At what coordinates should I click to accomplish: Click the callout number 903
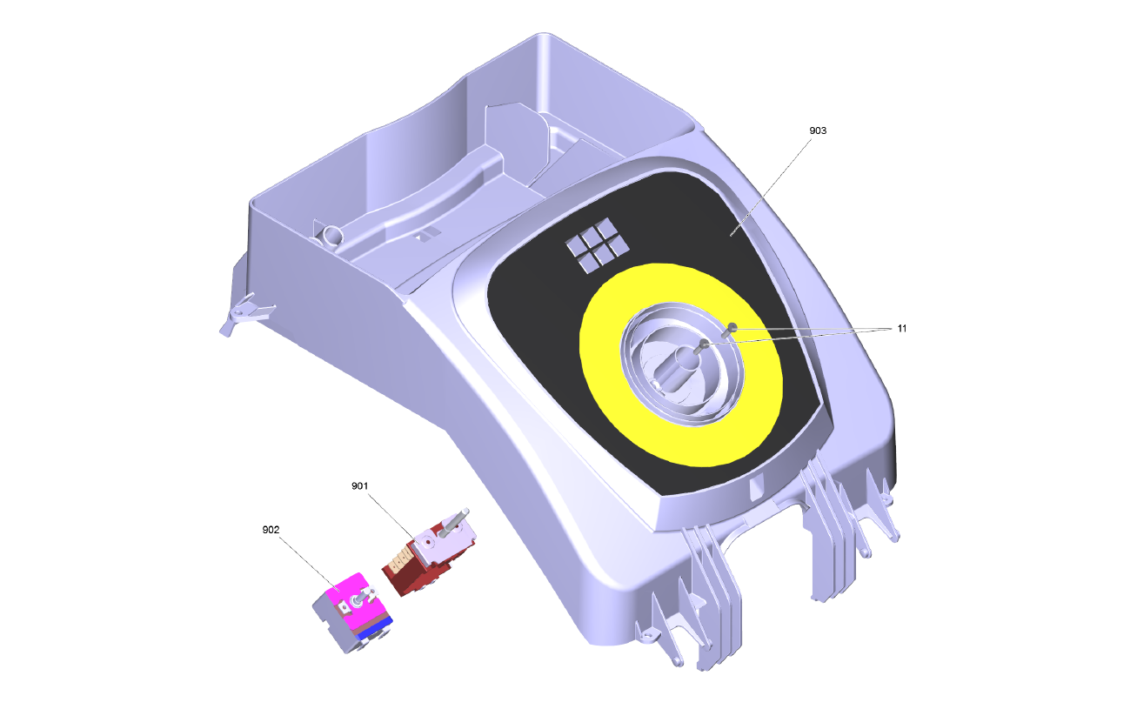coord(818,131)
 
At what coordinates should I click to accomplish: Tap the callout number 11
coord(902,329)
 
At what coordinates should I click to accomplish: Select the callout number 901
coord(360,486)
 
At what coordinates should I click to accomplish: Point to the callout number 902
coord(271,530)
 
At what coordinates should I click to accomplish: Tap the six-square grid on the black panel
coord(598,245)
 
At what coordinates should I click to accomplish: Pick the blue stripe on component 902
coord(375,628)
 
